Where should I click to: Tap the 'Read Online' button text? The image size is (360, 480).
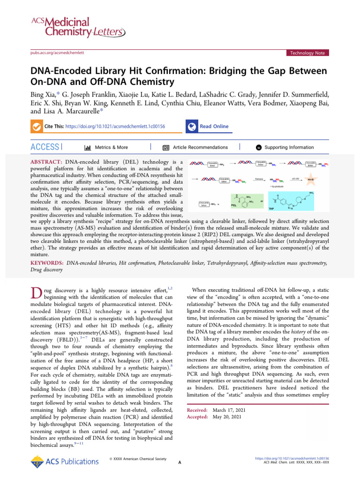[x=214, y=127]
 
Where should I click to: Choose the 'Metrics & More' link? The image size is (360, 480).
[x=111, y=147]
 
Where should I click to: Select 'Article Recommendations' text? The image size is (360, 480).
[x=200, y=147]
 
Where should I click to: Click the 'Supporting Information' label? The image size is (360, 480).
[x=289, y=147]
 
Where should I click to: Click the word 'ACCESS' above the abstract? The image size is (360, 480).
[x=45, y=147]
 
